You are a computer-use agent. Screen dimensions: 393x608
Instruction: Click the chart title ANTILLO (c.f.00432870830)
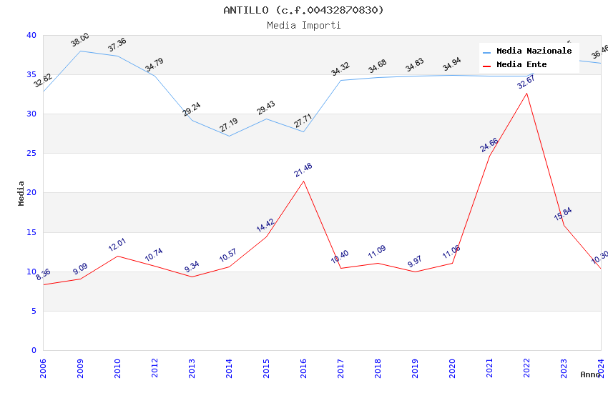pyautogui.click(x=303, y=10)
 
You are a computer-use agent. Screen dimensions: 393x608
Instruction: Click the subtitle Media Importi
pyautogui.click(x=303, y=26)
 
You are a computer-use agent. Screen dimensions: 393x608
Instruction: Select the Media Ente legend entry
pyautogui.click(x=521, y=65)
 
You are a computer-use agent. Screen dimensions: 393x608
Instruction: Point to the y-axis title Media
pyautogui.click(x=21, y=193)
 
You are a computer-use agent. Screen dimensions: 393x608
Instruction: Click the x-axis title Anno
pyautogui.click(x=590, y=374)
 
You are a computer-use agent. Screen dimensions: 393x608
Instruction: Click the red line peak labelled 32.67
pyautogui.click(x=526, y=93)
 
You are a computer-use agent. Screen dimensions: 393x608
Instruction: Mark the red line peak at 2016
pyautogui.click(x=303, y=181)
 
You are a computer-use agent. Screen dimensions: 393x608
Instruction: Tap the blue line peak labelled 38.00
pyautogui.click(x=80, y=51)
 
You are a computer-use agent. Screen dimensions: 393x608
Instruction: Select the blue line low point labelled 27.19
pyautogui.click(x=229, y=136)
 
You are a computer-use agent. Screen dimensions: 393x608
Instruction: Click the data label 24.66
pyautogui.click(x=489, y=145)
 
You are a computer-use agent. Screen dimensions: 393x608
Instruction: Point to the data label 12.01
pyautogui.click(x=117, y=245)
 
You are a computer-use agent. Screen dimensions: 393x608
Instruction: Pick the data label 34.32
pyautogui.click(x=340, y=69)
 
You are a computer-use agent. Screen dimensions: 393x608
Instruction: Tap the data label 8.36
pyautogui.click(x=43, y=274)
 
